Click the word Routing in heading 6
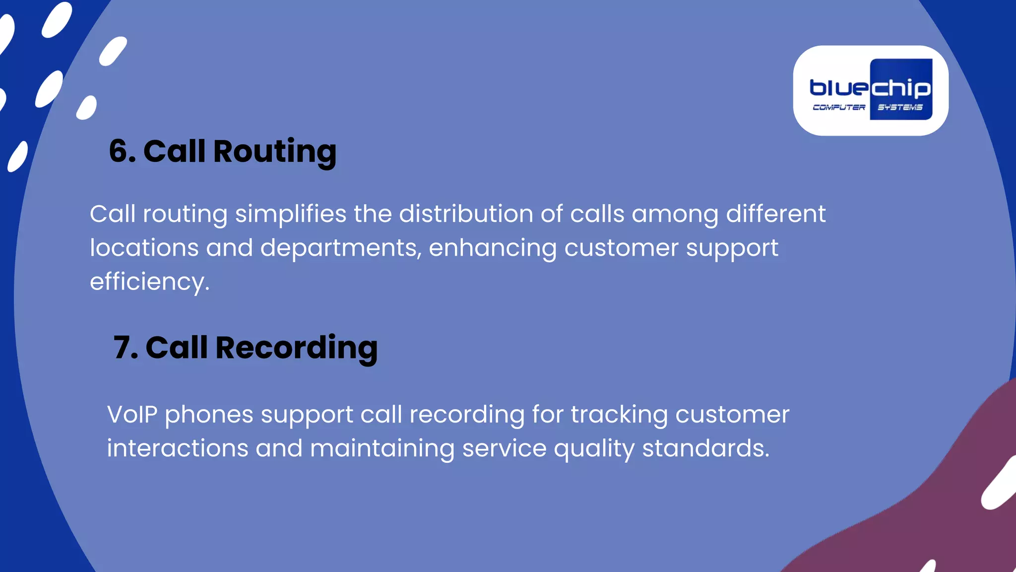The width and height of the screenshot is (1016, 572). tap(274, 151)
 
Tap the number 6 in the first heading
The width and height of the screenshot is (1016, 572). tap(119, 151)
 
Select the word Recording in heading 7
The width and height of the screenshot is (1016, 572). tap(296, 348)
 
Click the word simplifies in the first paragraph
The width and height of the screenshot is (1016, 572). tap(290, 214)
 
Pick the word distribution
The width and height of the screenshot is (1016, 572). tap(466, 214)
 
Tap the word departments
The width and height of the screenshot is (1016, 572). tap(340, 248)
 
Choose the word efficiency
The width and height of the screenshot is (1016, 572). tap(149, 282)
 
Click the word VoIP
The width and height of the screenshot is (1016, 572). tap(132, 415)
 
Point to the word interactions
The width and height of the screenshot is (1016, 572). tap(177, 448)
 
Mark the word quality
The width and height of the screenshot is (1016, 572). tap(594, 449)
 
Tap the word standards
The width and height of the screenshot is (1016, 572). tap(705, 448)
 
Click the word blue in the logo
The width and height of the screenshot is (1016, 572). tap(839, 88)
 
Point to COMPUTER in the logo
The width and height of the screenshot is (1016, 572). tap(838, 107)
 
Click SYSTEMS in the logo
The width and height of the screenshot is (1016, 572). tap(900, 107)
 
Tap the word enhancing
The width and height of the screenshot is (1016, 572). tap(493, 248)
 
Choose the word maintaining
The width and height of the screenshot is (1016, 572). tap(382, 449)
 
